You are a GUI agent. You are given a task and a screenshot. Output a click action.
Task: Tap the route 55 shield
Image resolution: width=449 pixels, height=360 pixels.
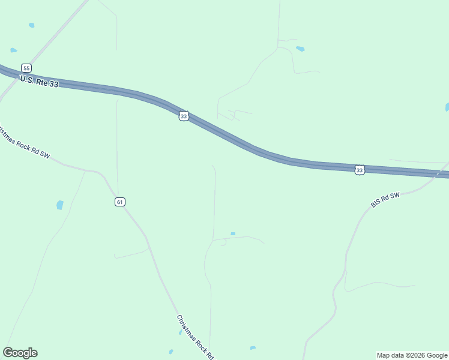[x=26, y=68]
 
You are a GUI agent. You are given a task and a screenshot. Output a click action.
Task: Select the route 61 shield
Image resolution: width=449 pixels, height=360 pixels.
[x=120, y=202]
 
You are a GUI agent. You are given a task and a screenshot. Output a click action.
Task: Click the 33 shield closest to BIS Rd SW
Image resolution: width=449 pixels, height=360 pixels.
[x=359, y=170]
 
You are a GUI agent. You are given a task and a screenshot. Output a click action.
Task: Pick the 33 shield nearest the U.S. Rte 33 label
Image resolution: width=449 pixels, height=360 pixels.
[x=184, y=116]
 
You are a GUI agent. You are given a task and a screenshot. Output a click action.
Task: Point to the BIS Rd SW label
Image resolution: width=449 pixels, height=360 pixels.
[x=385, y=200]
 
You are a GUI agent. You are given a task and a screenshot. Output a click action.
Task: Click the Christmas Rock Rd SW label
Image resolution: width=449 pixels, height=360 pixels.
[x=24, y=143]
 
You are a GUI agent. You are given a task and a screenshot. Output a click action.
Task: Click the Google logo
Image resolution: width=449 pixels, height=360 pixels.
[x=20, y=353]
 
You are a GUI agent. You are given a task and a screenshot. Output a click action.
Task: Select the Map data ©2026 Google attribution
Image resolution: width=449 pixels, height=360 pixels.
[x=412, y=355]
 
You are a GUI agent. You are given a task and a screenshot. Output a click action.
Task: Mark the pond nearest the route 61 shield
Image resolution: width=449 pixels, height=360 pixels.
[x=59, y=205]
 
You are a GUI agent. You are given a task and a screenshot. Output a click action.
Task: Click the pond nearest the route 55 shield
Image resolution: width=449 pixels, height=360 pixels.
[x=14, y=50]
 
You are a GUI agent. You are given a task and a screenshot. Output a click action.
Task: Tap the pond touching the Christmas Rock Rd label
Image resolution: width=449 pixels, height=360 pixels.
[x=180, y=332]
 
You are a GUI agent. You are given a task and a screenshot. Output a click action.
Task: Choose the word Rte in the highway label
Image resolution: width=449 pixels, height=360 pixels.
[x=41, y=82]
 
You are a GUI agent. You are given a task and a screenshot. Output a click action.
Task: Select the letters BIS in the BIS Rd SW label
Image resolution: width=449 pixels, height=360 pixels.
[x=376, y=203]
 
